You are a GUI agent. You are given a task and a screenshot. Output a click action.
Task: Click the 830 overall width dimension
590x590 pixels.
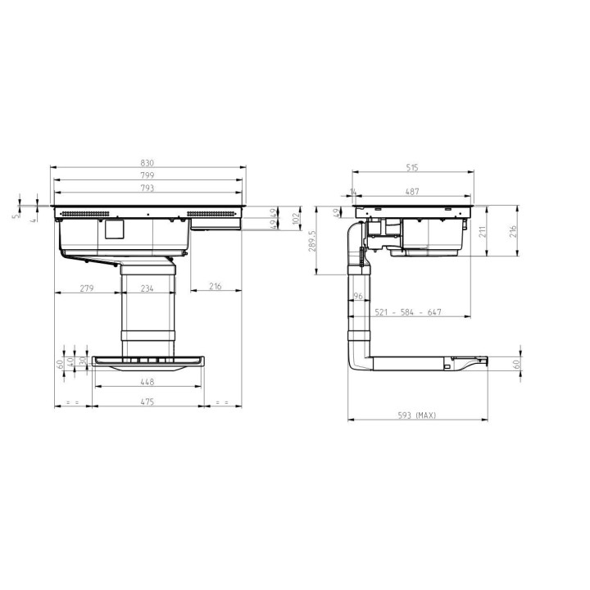pos(147,163)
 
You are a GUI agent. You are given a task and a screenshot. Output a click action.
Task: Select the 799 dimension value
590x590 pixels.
pos(147,175)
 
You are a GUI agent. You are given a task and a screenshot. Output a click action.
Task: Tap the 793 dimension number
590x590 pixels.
pos(147,188)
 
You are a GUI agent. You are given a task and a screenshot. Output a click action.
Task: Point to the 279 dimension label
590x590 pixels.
pos(87,288)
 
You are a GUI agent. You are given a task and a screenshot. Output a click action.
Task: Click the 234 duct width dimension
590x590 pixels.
pos(147,288)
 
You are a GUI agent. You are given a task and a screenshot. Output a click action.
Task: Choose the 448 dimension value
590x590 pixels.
pos(147,382)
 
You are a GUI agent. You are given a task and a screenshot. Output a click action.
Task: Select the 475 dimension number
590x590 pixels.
pos(147,402)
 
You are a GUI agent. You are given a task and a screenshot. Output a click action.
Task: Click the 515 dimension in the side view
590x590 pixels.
pos(412,168)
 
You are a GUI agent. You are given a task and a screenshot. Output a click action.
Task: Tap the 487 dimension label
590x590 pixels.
pos(412,192)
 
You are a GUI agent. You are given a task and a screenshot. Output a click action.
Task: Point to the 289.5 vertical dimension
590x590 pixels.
pos(313,240)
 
